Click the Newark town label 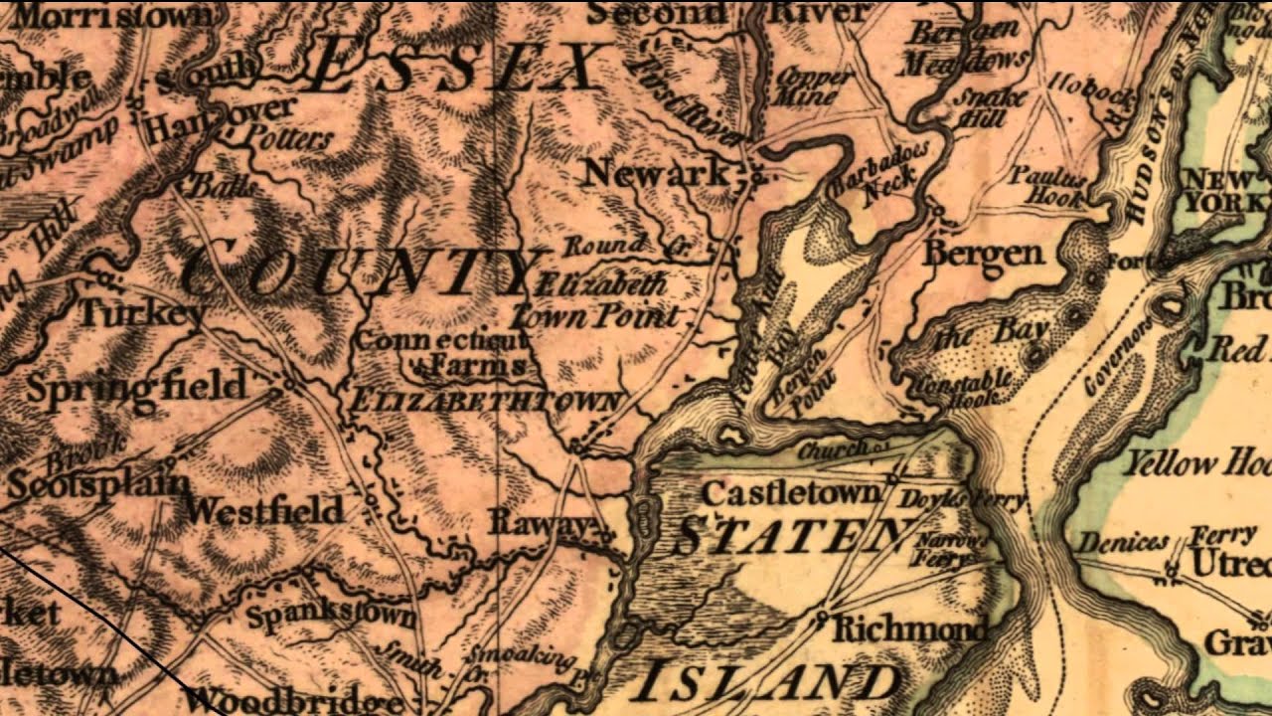click(x=656, y=173)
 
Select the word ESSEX click(x=459, y=70)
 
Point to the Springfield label click(x=135, y=386)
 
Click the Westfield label click(x=263, y=511)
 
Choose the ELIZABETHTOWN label click(x=485, y=402)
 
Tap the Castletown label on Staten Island click(x=791, y=492)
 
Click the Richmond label click(x=909, y=628)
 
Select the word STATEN click(x=790, y=537)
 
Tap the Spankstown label click(x=330, y=615)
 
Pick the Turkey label click(x=141, y=313)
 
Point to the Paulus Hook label click(x=1046, y=187)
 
